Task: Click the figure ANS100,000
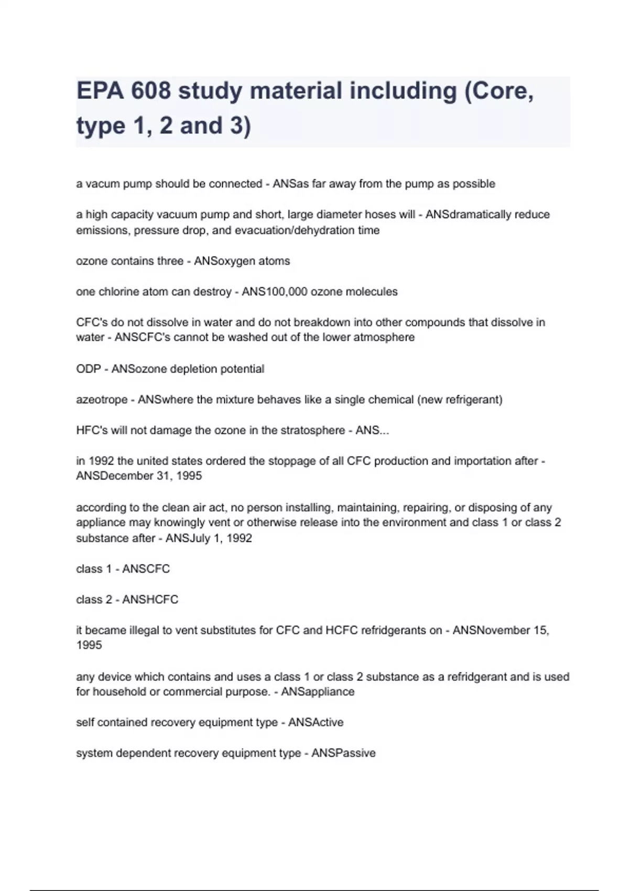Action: [x=274, y=291]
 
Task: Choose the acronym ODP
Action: [x=88, y=369]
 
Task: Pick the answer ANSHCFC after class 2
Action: [x=150, y=600]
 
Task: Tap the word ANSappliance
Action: [x=318, y=692]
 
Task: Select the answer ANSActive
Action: [x=316, y=722]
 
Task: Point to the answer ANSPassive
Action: [x=343, y=753]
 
